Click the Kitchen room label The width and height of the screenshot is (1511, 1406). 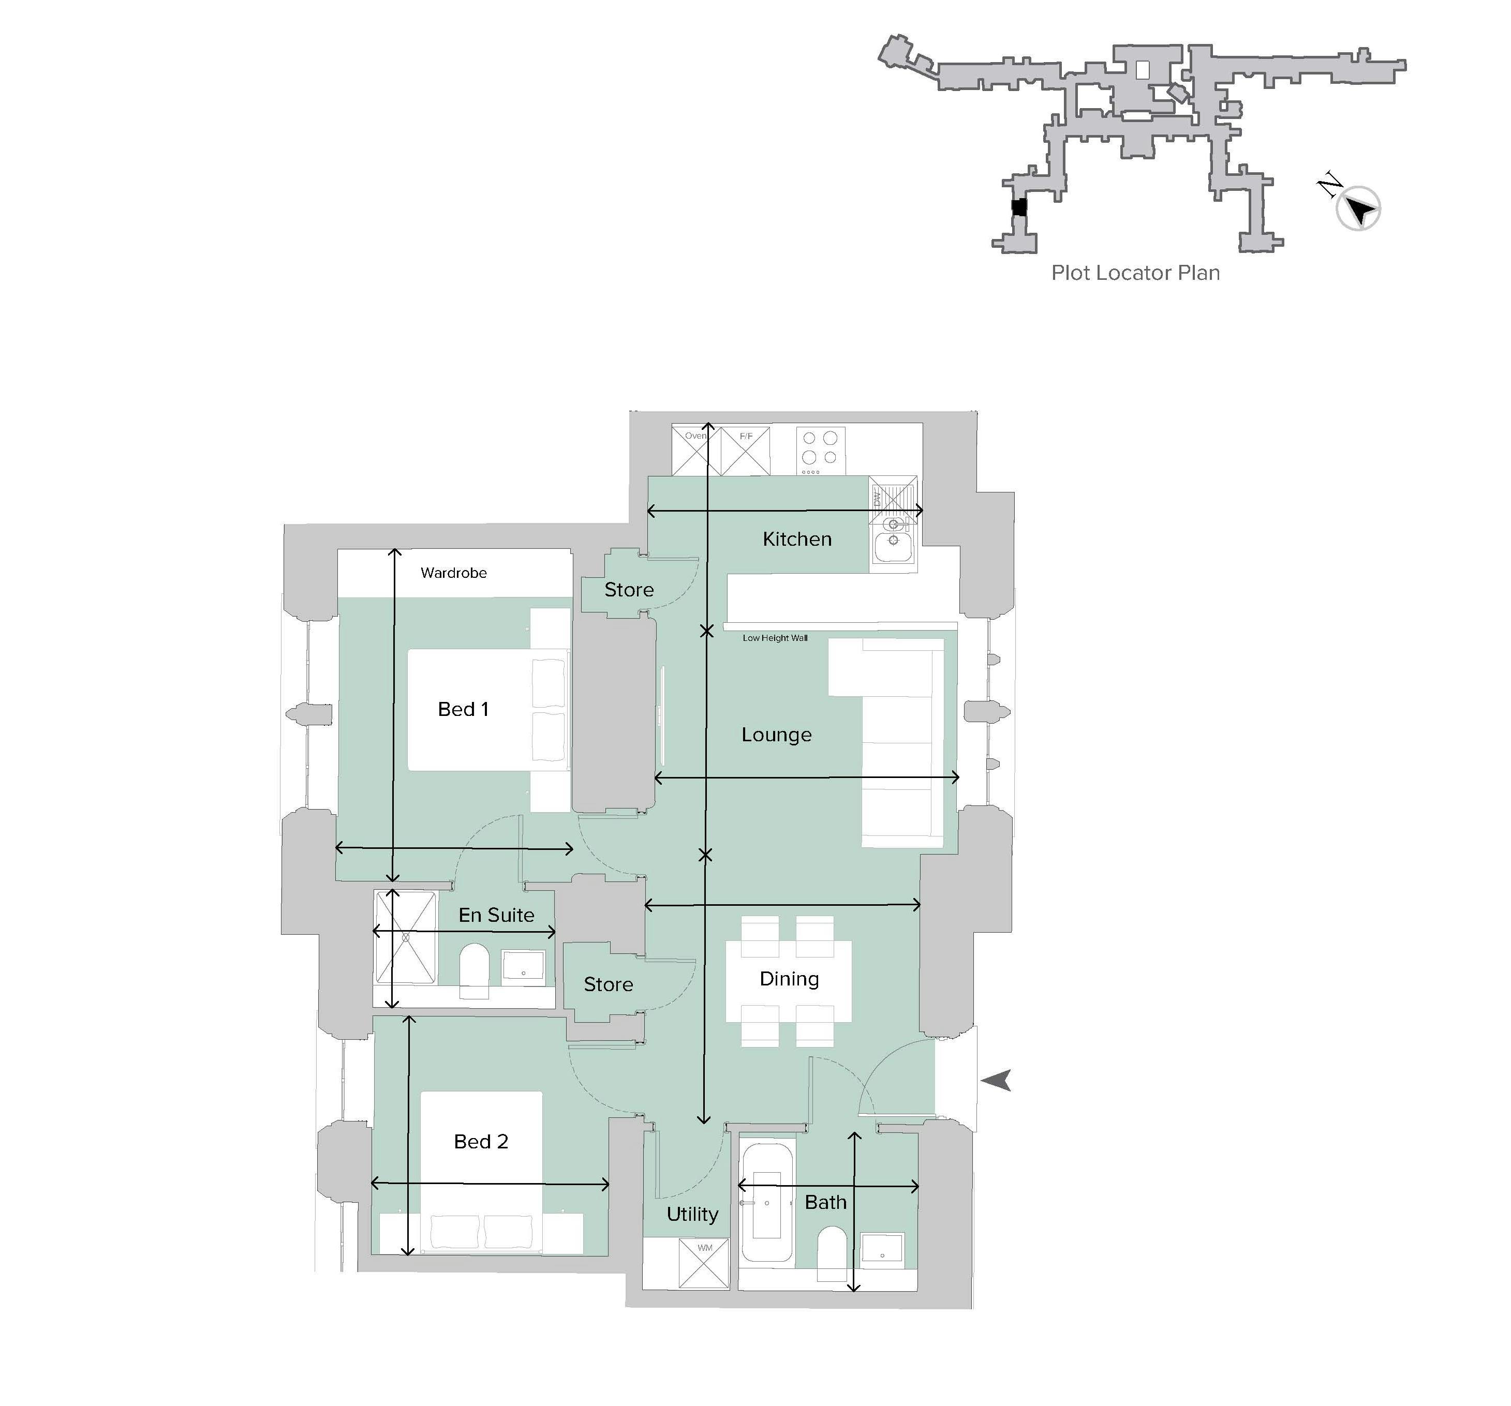(796, 539)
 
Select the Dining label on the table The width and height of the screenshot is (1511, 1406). (789, 978)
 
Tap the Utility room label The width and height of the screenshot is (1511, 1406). (692, 1214)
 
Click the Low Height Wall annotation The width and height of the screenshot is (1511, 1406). (775, 638)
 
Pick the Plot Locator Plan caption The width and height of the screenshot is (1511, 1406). (1135, 273)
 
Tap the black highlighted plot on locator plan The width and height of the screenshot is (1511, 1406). (1018, 207)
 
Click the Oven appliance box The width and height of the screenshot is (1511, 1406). (694, 451)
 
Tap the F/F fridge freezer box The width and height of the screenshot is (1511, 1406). (745, 451)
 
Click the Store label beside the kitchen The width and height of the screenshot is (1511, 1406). (629, 590)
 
